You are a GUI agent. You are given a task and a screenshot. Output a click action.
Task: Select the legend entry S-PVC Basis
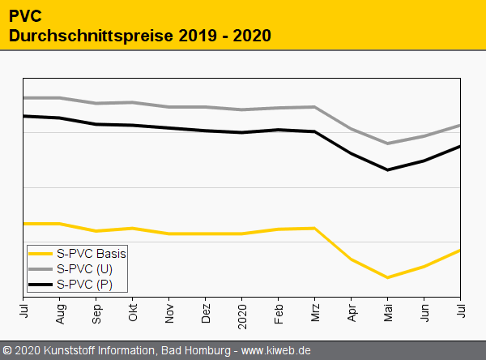pyautogui.click(x=92, y=253)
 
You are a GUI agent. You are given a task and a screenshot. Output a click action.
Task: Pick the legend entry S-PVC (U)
pyautogui.click(x=85, y=268)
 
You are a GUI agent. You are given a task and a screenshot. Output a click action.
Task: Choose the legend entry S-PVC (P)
pyautogui.click(x=85, y=285)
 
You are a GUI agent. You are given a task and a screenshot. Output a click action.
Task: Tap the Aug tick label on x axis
pyautogui.click(x=60, y=310)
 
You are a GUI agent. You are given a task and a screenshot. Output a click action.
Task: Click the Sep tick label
pyautogui.click(x=96, y=310)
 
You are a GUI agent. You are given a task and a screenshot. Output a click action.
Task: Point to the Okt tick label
pyautogui.click(x=133, y=310)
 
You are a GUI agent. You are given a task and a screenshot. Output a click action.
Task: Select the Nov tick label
pyautogui.click(x=169, y=310)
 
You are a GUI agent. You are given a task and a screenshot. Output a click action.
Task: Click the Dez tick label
pyautogui.click(x=206, y=310)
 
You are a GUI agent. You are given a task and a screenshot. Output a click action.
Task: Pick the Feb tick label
pyautogui.click(x=279, y=310)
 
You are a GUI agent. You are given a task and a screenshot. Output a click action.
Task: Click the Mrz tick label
pyautogui.click(x=315, y=310)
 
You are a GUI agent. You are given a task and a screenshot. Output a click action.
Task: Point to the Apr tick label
pyautogui.click(x=352, y=310)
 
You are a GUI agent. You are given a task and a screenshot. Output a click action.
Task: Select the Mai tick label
pyautogui.click(x=388, y=310)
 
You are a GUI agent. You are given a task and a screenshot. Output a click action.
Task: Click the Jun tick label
pyautogui.click(x=424, y=310)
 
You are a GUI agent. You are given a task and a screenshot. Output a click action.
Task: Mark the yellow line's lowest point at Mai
pyautogui.click(x=388, y=277)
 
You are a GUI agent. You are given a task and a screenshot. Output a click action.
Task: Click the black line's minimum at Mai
pyautogui.click(x=388, y=169)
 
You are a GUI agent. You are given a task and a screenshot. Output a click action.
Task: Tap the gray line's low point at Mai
pyautogui.click(x=388, y=144)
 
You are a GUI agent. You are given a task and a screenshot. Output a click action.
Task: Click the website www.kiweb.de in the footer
pyautogui.click(x=276, y=351)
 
